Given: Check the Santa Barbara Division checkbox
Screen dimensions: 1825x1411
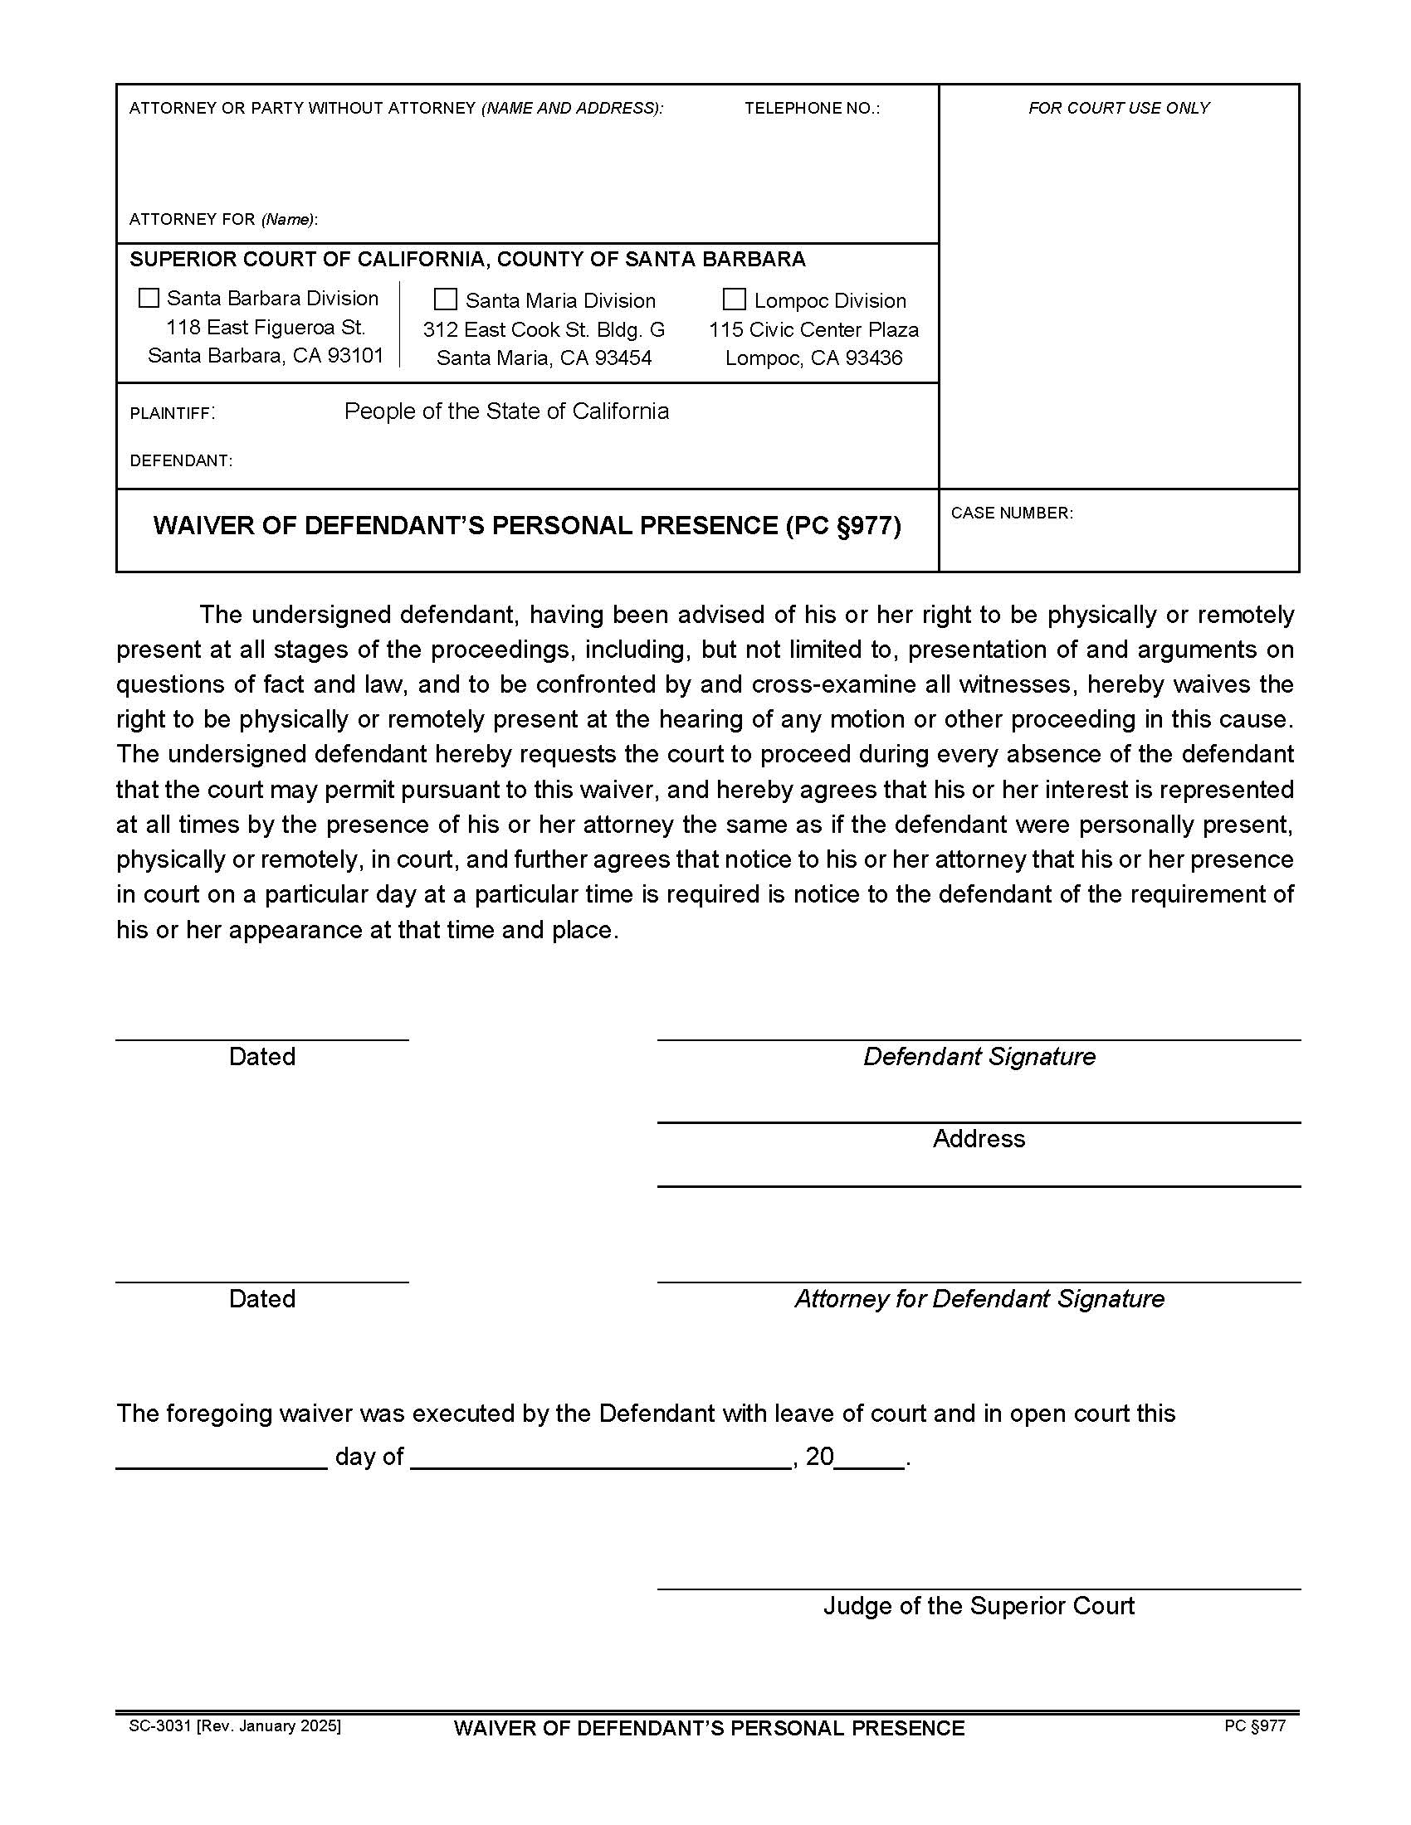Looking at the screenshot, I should (149, 299).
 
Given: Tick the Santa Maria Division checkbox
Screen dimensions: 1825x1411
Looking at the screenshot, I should (446, 300).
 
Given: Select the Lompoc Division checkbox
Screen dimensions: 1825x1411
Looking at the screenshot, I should (734, 300).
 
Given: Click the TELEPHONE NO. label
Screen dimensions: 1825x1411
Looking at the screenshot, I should (812, 109).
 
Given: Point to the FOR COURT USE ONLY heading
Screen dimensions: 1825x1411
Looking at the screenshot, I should (1119, 109).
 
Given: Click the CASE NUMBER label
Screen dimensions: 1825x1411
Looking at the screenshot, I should (1012, 513).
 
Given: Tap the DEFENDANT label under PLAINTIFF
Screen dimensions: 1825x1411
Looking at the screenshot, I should (181, 461).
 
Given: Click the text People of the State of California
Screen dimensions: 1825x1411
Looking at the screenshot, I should (506, 411).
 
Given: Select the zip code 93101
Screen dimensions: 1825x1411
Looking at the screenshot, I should (355, 356).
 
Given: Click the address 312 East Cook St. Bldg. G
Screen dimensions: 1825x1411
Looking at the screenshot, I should (544, 330).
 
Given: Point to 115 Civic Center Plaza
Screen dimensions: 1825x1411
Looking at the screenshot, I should (813, 330).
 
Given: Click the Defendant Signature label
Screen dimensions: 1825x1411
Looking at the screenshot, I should (979, 1057).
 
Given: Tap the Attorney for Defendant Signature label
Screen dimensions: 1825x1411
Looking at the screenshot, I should (979, 1299).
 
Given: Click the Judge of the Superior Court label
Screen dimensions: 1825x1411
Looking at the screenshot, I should (979, 1606).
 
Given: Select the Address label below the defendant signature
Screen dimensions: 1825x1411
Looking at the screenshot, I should (979, 1139).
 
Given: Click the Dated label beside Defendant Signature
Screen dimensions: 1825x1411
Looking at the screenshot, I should (261, 1057).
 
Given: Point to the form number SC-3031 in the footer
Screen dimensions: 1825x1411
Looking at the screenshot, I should (161, 1726).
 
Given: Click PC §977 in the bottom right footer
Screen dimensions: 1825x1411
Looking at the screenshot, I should (1255, 1726).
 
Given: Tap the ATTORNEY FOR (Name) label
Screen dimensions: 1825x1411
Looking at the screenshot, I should (223, 220).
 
